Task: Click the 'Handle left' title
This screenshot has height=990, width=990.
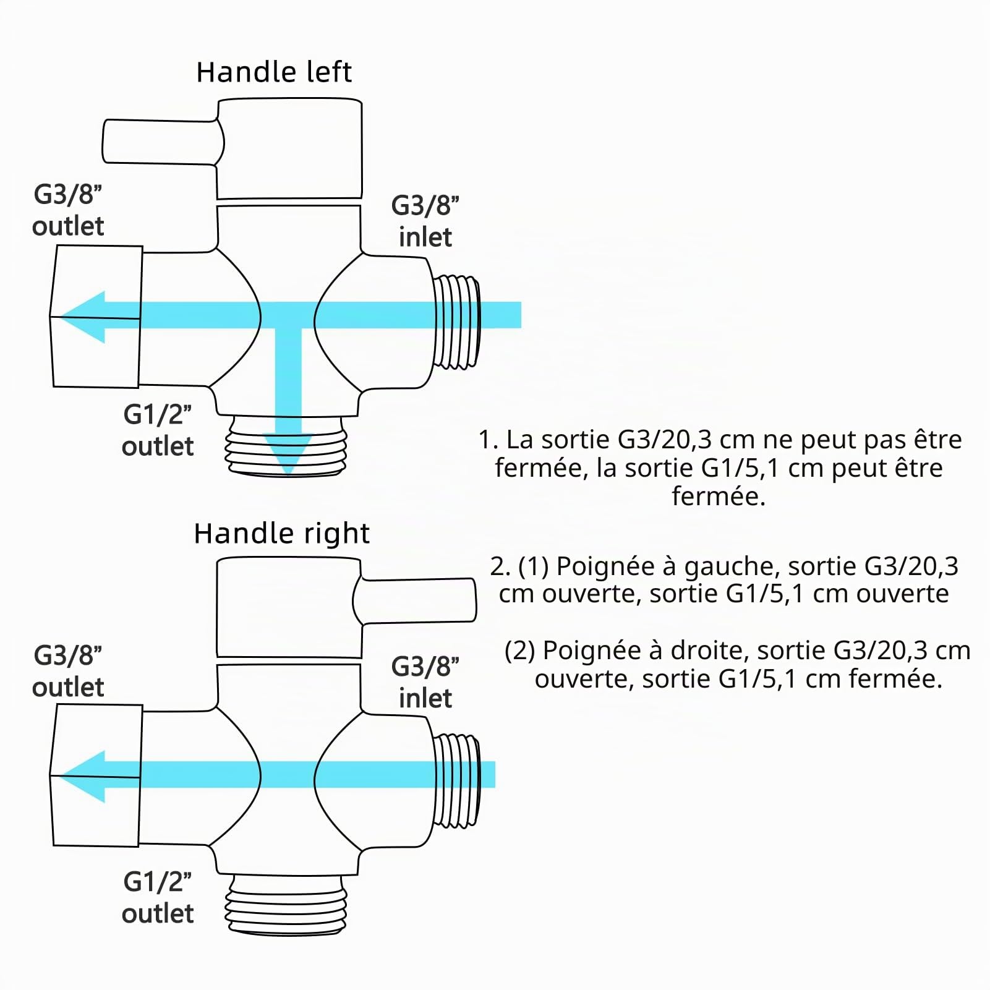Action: tap(274, 72)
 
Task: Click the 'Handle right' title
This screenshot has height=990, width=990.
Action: tap(282, 534)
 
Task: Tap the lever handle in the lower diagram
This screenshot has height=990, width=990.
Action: tap(414, 600)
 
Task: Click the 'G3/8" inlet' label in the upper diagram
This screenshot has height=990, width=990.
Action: tap(425, 221)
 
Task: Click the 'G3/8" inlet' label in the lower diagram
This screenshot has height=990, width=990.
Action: tap(425, 682)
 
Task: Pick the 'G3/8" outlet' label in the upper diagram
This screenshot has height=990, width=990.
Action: tap(68, 210)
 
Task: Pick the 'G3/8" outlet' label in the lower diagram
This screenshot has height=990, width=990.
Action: tap(68, 672)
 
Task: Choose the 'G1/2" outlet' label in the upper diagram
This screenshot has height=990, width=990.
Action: tap(158, 430)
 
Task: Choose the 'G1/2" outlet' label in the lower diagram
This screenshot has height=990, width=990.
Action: tap(158, 898)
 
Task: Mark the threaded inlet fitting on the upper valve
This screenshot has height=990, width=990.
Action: tap(456, 322)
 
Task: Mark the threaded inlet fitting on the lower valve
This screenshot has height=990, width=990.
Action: tap(456, 781)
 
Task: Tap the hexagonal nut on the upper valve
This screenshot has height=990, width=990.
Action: tap(96, 316)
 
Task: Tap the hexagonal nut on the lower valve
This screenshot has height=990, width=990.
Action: tap(96, 776)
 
